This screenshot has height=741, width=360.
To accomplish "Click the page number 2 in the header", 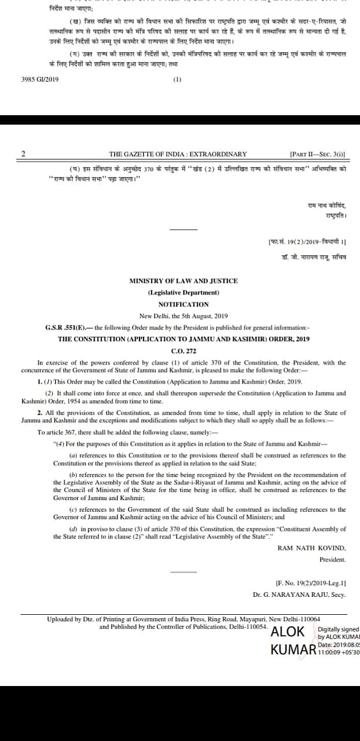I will [23, 154].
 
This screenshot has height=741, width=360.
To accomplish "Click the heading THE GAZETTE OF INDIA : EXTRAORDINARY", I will [178, 154].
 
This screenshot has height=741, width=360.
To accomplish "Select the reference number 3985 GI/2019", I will [40, 79].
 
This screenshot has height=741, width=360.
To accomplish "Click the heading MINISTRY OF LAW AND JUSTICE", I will [183, 281].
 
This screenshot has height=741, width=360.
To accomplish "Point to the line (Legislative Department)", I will [183, 292].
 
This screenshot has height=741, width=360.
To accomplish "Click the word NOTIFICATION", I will [183, 304].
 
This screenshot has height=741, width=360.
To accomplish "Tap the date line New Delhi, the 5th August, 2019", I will [183, 316].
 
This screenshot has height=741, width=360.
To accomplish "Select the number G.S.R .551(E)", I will [63, 327].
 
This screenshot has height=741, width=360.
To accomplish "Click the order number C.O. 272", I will [183, 351].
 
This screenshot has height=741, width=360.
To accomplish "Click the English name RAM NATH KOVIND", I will [311, 548].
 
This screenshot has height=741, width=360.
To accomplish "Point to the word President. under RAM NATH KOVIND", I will [332, 560].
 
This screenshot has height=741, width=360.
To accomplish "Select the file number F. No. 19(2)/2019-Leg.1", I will [311, 582].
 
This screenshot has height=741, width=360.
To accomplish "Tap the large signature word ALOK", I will [288, 632].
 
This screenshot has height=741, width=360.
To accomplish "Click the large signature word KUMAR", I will [293, 650].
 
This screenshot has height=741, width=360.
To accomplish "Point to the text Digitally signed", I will [339, 629].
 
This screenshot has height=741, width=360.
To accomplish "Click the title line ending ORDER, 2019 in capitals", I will [183, 339].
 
